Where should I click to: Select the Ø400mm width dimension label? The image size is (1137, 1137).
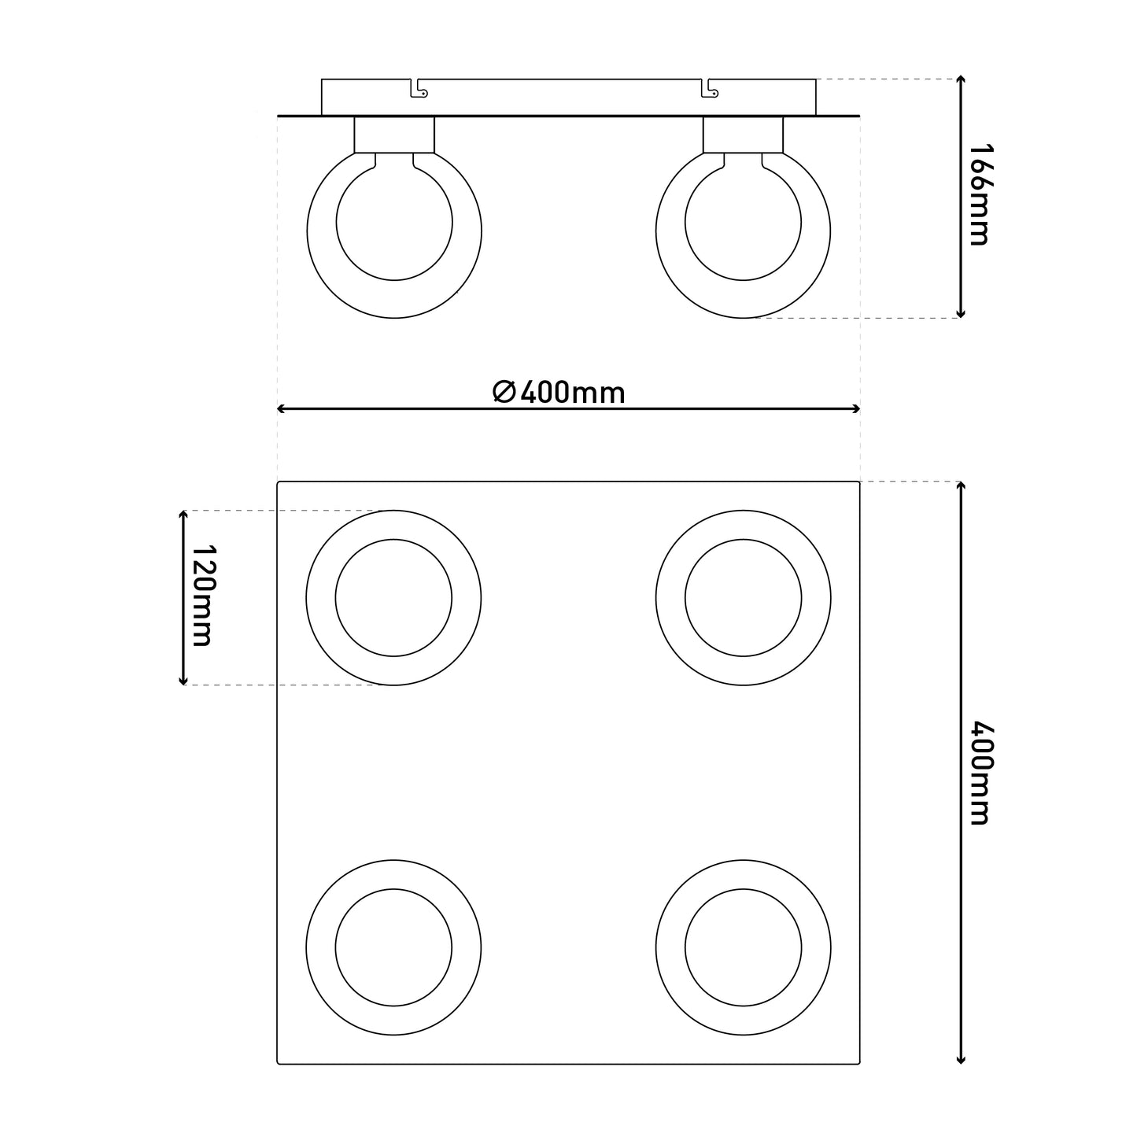559,393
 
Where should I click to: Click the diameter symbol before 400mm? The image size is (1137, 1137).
504,392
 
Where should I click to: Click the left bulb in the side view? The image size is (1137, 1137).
308,231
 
